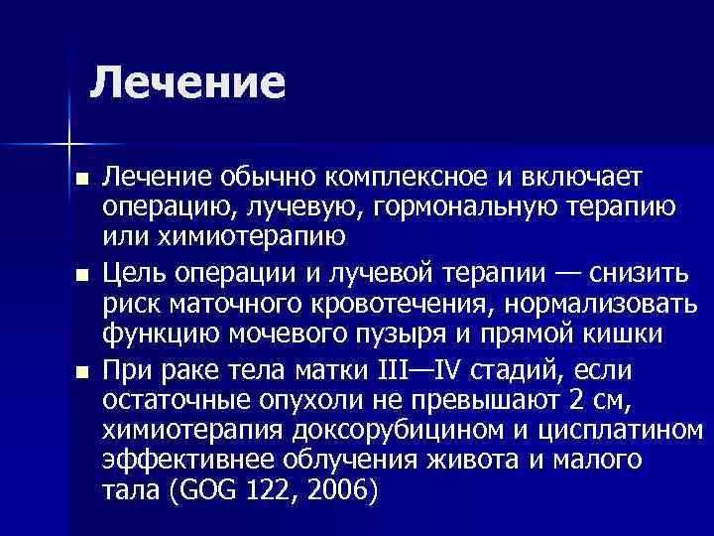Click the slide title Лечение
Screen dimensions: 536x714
click(x=187, y=82)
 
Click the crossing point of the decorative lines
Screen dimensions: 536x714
click(x=68, y=140)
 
